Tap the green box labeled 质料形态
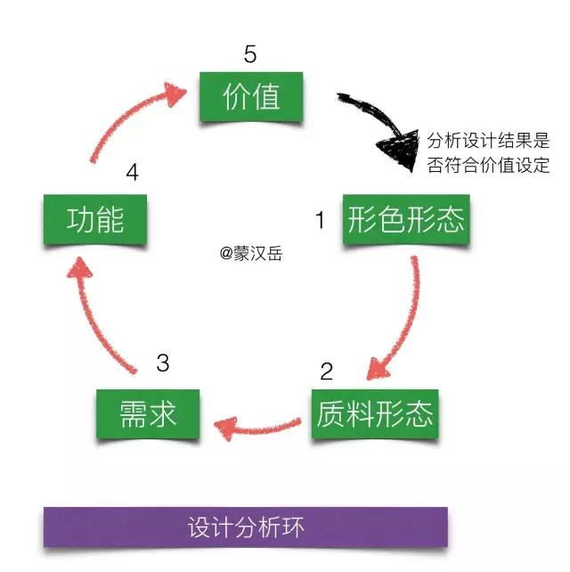[x=374, y=413]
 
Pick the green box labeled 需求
[x=148, y=413]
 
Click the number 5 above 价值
[x=250, y=55]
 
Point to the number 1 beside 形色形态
[x=321, y=220]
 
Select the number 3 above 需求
[x=162, y=363]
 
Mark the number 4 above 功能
[x=133, y=172]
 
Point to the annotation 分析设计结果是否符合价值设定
[x=488, y=152]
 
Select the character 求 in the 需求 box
[x=162, y=413]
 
